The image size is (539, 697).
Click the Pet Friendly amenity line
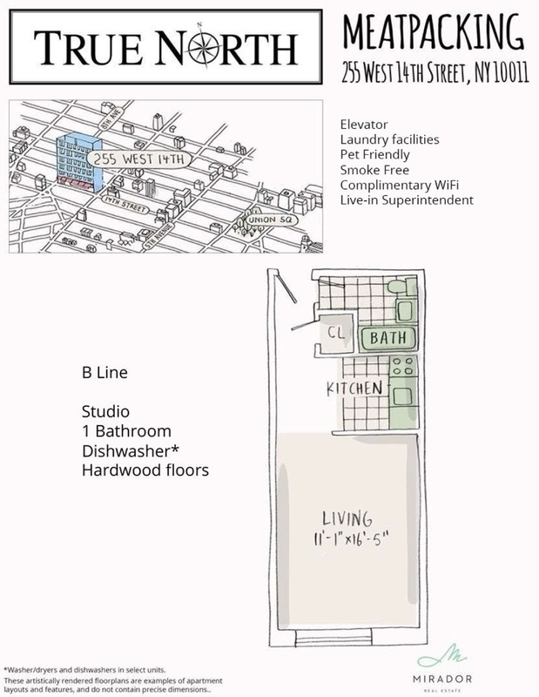coord(372,153)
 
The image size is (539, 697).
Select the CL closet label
coord(332,333)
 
